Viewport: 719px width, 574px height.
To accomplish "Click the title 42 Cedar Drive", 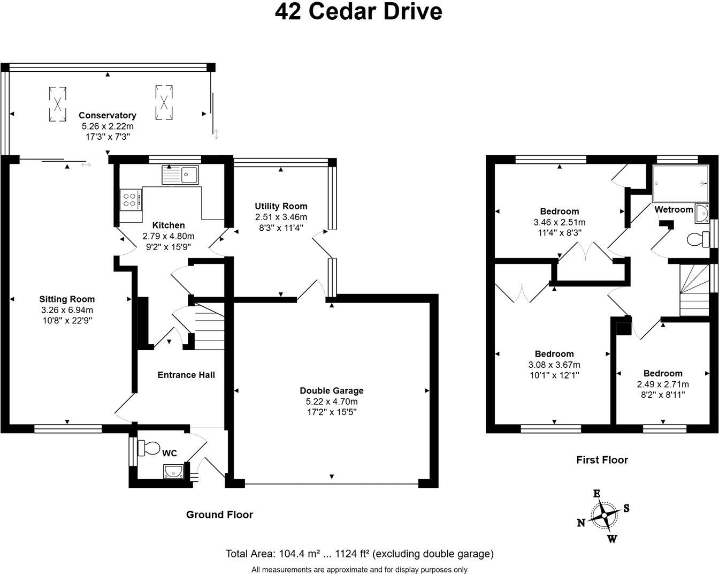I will click(x=359, y=11).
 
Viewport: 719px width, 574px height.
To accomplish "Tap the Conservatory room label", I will click(x=108, y=115).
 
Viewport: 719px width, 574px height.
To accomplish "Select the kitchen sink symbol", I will click(x=181, y=175).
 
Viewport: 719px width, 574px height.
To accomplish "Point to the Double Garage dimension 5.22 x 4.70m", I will click(x=332, y=402).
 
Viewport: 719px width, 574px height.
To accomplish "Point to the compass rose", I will click(x=605, y=516).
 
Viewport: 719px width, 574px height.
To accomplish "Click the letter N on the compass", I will click(x=580, y=523).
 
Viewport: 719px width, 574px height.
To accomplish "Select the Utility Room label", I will click(x=281, y=206).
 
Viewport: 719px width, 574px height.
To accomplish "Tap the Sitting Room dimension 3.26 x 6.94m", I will click(x=67, y=310).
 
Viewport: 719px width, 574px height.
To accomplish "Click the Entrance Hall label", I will click(x=186, y=375).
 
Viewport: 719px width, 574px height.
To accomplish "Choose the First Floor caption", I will click(x=602, y=459).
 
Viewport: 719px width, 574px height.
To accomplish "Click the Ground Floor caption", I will click(x=219, y=515).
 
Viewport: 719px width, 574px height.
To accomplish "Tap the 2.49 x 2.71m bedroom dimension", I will click(x=663, y=384).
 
